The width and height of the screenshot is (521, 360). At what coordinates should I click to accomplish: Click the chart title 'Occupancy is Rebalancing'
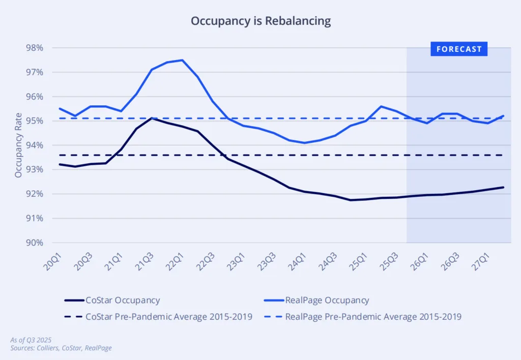[260, 21]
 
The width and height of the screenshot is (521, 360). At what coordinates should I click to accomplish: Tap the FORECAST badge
[459, 49]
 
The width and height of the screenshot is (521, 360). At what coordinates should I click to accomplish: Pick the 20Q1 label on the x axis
[53, 259]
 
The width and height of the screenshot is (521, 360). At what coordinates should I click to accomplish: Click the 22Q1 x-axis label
[175, 259]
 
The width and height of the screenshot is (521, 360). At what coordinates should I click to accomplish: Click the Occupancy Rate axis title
[18, 145]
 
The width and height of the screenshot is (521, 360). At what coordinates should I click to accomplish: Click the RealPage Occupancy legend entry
[327, 301]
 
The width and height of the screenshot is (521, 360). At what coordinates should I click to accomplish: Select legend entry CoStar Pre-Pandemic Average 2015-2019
[167, 316]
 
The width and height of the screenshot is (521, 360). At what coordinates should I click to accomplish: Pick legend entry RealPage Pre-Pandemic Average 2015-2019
[373, 316]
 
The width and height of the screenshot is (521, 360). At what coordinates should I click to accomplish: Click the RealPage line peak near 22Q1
[182, 60]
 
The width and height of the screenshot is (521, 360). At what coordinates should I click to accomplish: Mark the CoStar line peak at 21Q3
[152, 118]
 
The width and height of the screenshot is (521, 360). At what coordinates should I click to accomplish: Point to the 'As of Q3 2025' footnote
[32, 340]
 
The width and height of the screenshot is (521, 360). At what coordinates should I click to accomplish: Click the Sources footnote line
[61, 348]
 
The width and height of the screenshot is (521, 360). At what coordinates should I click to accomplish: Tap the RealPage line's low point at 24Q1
[304, 143]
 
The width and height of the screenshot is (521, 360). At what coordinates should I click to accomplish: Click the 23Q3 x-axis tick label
[267, 259]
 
